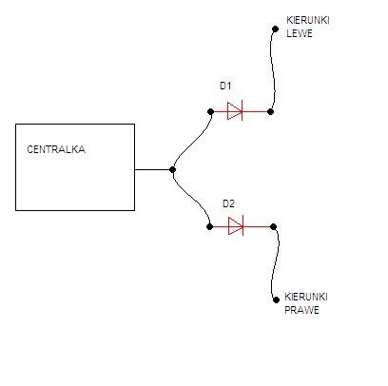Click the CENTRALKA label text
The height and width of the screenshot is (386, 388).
pyautogui.click(x=56, y=149)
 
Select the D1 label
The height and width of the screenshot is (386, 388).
pyautogui.click(x=225, y=86)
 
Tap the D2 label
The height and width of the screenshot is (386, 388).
pyautogui.click(x=228, y=203)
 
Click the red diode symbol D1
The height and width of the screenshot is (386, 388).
pyautogui.click(x=235, y=111)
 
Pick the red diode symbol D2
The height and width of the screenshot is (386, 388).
pyautogui.click(x=236, y=226)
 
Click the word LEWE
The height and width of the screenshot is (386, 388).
pyautogui.click(x=300, y=33)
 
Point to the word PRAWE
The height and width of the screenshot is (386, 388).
pyautogui.click(x=301, y=310)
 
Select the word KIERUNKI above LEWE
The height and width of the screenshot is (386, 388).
pyautogui.click(x=308, y=20)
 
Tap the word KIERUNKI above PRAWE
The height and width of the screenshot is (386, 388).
pyautogui.click(x=306, y=297)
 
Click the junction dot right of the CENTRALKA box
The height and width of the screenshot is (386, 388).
pyautogui.click(x=172, y=169)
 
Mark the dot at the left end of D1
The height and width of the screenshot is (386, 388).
pyautogui.click(x=211, y=111)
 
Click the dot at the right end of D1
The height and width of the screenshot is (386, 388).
pyautogui.click(x=270, y=111)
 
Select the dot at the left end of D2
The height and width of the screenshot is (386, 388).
pyautogui.click(x=209, y=226)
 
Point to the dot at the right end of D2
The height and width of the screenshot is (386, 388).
pyautogui.click(x=274, y=226)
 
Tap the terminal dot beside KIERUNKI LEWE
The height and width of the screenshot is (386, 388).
pyautogui.click(x=275, y=29)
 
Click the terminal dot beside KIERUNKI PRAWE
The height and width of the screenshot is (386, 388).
pyautogui.click(x=276, y=299)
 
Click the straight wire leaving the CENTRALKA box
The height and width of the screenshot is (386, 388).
pyautogui.click(x=153, y=169)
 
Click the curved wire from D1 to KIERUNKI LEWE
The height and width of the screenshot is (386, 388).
pyautogui.click(x=273, y=69)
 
